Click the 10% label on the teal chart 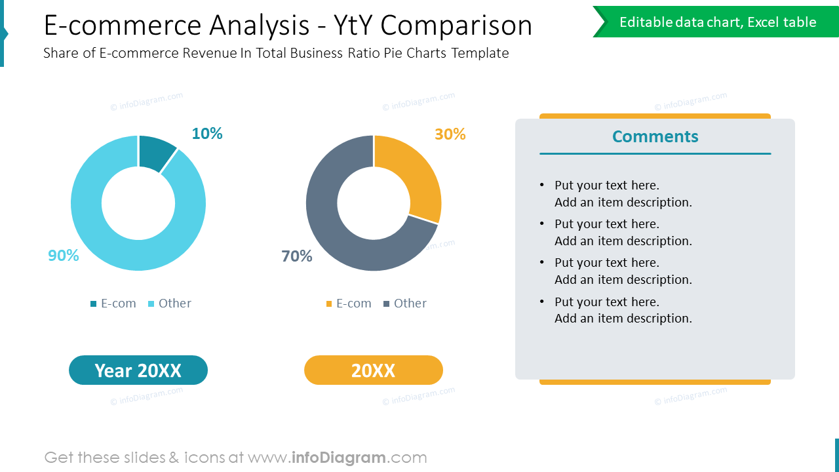click(207, 134)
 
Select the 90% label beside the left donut click(64, 256)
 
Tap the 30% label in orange click(450, 134)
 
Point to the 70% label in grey click(297, 256)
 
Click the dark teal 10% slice click(155, 152)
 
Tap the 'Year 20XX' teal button click(138, 370)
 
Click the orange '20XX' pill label click(374, 370)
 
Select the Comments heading click(655, 136)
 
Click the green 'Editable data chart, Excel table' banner click(718, 22)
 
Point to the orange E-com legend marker click(329, 304)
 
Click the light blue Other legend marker click(151, 304)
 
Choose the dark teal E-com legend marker click(94, 304)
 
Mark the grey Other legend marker click(387, 304)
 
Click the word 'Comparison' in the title click(456, 26)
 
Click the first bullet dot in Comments click(541, 185)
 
